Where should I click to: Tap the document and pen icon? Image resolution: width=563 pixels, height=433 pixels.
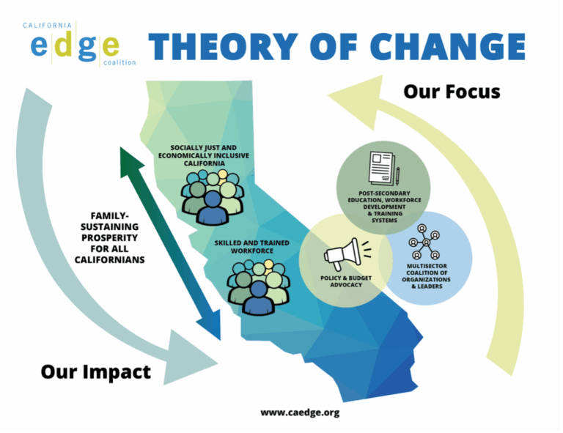[384, 169]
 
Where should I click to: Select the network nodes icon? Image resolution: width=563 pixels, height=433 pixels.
[424, 242]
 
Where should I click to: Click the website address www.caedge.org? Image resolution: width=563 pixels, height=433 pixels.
[300, 412]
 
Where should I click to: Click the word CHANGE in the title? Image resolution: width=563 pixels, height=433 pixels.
[448, 47]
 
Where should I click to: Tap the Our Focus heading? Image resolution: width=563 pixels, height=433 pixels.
[452, 92]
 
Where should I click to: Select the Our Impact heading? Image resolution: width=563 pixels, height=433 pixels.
[96, 372]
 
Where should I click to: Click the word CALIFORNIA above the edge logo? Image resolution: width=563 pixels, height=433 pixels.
[48, 26]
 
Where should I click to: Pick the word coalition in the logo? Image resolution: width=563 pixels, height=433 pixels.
[119, 62]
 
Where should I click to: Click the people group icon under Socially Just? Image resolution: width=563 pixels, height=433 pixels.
[213, 197]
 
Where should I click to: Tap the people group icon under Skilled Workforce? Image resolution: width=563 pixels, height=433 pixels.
[258, 288]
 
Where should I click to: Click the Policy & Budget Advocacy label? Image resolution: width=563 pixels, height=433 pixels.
[346, 281]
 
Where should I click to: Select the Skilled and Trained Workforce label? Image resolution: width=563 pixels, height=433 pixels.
[251, 247]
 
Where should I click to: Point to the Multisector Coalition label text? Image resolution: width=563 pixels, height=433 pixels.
[427, 276]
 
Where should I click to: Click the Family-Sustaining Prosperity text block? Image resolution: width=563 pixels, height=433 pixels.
[109, 238]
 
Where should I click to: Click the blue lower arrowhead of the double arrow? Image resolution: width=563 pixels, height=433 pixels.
[210, 324]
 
